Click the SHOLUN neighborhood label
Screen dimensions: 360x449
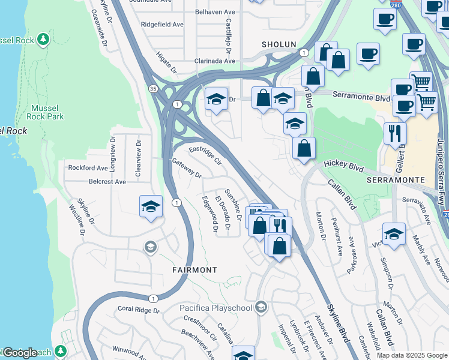pos(279,44)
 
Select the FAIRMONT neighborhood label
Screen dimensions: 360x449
pos(194,270)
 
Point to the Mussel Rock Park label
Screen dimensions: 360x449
pos(47,112)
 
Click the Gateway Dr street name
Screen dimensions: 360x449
pos(187,167)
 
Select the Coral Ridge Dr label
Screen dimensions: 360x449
pos(139,310)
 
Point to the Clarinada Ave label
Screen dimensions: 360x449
pos(214,61)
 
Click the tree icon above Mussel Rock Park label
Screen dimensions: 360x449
pos(43,40)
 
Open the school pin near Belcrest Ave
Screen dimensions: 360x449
pos(151,208)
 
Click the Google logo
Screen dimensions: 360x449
pos(20,353)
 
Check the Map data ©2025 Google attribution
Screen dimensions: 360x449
pos(412,355)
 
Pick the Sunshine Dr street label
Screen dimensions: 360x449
pos(233,202)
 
